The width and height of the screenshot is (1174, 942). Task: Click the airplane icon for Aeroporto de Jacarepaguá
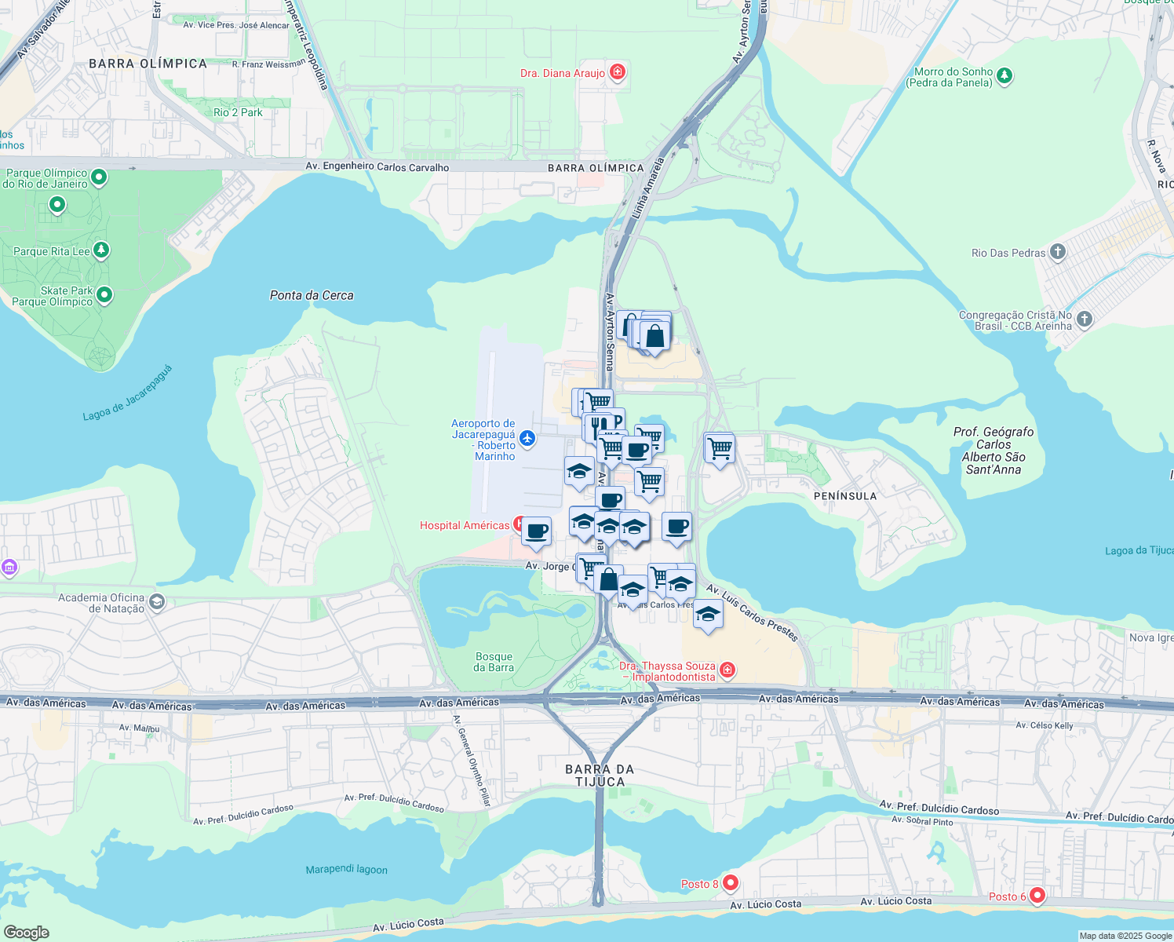click(x=527, y=438)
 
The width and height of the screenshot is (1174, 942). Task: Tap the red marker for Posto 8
click(x=731, y=882)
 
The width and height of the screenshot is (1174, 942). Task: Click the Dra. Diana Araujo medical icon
click(x=618, y=72)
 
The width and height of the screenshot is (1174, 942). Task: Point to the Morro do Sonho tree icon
click(x=1004, y=76)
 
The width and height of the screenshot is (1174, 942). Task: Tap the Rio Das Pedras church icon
click(x=1057, y=252)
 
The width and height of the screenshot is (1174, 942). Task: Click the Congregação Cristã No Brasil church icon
click(x=1084, y=319)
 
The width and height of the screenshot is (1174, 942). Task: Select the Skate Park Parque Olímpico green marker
click(x=104, y=295)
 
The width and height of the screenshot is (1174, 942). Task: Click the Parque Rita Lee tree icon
click(x=100, y=250)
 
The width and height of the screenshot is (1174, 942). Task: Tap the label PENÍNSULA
click(x=845, y=496)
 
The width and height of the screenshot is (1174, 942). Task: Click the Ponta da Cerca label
click(x=312, y=295)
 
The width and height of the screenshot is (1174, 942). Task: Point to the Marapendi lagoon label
click(x=346, y=869)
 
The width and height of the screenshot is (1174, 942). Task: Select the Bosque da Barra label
click(x=494, y=662)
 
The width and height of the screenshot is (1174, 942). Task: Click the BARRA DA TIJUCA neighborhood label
click(x=600, y=776)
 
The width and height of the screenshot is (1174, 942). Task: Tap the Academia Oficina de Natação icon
click(x=157, y=602)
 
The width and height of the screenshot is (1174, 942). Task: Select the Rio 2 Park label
click(x=238, y=112)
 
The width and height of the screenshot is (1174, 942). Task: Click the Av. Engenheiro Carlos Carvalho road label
click(x=377, y=166)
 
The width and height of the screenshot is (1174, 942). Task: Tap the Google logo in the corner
click(x=26, y=932)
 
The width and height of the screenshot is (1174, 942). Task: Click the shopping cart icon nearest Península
click(x=719, y=449)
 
